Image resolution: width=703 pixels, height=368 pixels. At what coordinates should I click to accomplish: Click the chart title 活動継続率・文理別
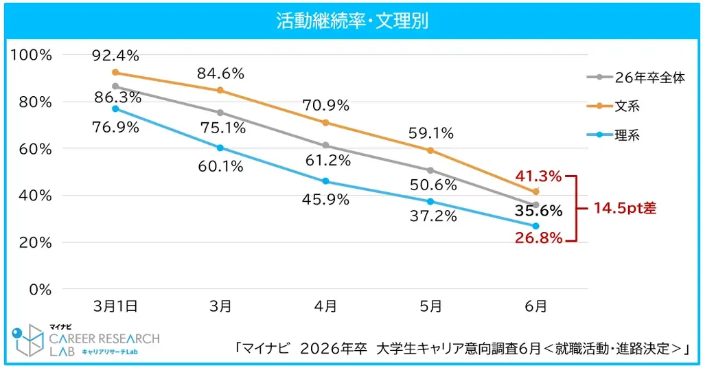point(351,21)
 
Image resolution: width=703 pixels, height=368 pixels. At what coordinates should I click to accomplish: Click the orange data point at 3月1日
point(115,72)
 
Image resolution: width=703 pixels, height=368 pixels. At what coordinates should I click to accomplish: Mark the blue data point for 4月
point(325,181)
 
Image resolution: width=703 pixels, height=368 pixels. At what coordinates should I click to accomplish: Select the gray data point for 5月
point(430,170)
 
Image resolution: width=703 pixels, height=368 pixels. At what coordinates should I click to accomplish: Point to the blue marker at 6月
point(535,226)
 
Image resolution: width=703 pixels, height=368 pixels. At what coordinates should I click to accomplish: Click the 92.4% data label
point(115,55)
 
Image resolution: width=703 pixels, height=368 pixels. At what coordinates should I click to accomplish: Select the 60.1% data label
point(220,165)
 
